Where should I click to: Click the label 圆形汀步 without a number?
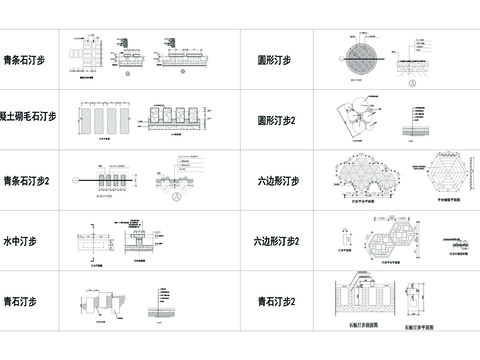click(x=274, y=60)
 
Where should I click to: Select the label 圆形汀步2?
click(x=277, y=120)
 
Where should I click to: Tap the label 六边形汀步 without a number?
click(x=277, y=181)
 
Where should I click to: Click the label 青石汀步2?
click(x=277, y=301)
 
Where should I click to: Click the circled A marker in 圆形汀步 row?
click(x=412, y=84)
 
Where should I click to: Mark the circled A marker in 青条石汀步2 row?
click(x=176, y=197)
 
